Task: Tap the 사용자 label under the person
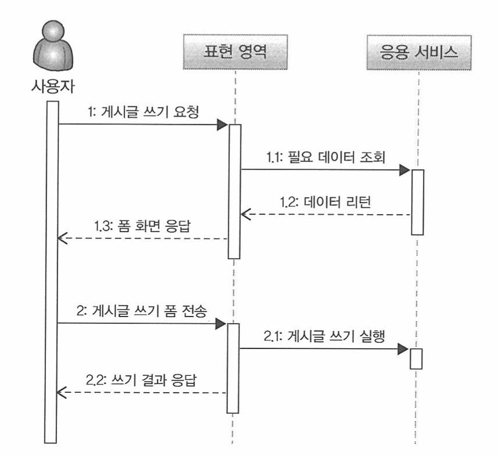(x=52, y=87)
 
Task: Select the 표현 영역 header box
(x=234, y=54)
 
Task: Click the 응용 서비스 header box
(x=418, y=54)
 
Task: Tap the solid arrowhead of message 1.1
(x=405, y=170)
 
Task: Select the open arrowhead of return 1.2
(x=247, y=215)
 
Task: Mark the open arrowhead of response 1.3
(x=63, y=239)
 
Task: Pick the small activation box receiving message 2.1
(x=415, y=358)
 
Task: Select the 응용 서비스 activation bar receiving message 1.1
(x=417, y=201)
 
